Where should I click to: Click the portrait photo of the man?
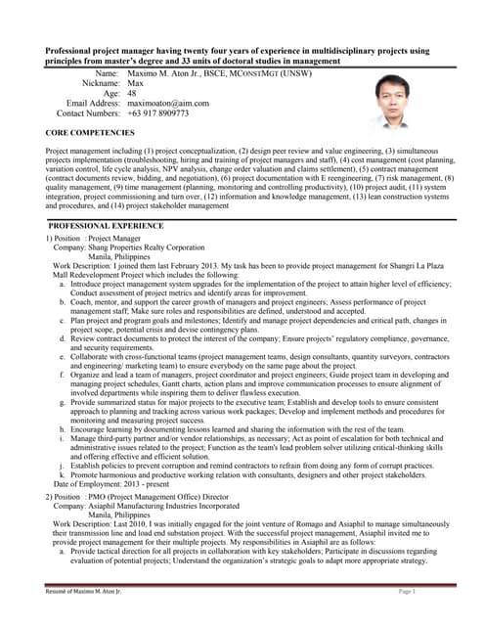click(397, 102)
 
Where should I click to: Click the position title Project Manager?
click(114, 239)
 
